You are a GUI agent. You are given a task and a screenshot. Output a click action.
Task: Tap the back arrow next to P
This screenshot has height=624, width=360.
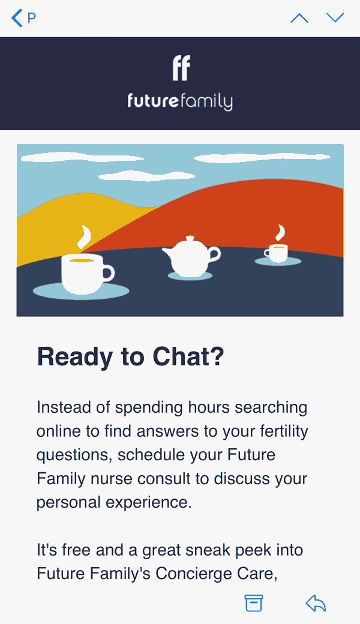tap(16, 19)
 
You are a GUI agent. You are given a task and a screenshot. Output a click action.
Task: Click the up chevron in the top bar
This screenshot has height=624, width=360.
tap(299, 18)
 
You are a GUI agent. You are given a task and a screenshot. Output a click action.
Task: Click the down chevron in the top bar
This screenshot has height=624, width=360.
tap(335, 17)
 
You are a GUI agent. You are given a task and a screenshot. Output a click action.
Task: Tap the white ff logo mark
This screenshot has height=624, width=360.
tap(181, 68)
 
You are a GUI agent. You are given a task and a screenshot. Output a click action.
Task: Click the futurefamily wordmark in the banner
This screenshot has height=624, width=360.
tap(180, 101)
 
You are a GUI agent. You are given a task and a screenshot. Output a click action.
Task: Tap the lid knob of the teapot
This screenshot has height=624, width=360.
tap(190, 238)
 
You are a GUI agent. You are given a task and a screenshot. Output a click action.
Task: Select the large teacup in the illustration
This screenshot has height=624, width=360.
tap(88, 274)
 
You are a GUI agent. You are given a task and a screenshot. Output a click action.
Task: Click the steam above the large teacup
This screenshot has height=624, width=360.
tap(84, 237)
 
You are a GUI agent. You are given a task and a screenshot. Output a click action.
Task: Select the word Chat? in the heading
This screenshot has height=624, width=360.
tap(188, 356)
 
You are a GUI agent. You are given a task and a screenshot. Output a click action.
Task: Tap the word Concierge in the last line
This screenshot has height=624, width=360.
tap(193, 574)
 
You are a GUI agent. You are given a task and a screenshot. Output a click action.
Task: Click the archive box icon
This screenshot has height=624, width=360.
tap(253, 603)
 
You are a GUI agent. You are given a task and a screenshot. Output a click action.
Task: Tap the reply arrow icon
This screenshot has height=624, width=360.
tap(316, 603)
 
